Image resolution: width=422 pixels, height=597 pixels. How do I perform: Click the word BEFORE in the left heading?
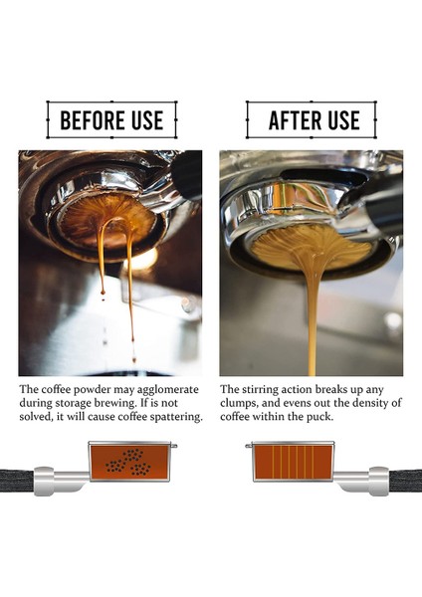click(89, 121)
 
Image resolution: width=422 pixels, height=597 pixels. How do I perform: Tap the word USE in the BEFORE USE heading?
click(144, 121)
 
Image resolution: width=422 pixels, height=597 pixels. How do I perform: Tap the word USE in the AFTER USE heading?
click(341, 121)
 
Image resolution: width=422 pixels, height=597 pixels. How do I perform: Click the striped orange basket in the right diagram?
click(290, 462)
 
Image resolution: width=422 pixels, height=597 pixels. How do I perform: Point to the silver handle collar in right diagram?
click(372, 482)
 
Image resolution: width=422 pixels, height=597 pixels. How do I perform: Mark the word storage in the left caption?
click(64, 403)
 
